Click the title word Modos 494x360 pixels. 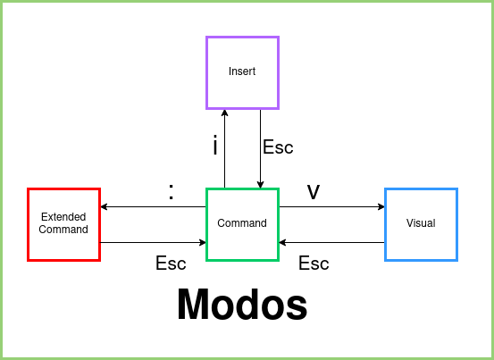click(x=242, y=305)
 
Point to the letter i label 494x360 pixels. click(x=214, y=146)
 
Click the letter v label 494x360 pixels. click(x=314, y=191)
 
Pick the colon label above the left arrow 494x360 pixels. click(x=171, y=191)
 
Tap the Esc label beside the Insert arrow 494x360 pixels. click(x=278, y=147)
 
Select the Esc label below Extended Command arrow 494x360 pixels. click(x=171, y=264)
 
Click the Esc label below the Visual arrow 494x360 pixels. click(x=314, y=264)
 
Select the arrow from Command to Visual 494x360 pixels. click(x=331, y=207)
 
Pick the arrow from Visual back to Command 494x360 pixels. click(x=331, y=242)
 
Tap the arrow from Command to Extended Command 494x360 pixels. click(x=153, y=207)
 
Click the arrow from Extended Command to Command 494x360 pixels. click(x=153, y=242)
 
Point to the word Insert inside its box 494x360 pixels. click(x=242, y=71)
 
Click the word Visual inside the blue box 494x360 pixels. click(x=421, y=223)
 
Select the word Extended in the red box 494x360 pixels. click(x=63, y=217)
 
